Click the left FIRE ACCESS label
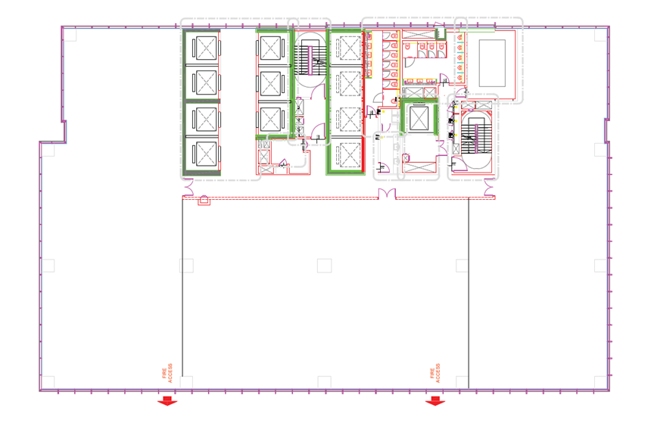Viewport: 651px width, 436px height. pos(167,373)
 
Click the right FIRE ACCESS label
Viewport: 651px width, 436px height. pos(435,373)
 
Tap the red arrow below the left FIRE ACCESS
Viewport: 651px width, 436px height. pos(167,400)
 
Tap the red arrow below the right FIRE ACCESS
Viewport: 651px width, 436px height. pos(435,400)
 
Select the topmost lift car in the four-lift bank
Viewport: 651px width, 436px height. pos(206,48)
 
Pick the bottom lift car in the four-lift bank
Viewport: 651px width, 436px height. pos(206,153)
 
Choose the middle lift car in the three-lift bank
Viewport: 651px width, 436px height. pos(271,83)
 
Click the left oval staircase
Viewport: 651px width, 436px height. pos(310,61)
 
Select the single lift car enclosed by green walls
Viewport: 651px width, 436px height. pos(419,118)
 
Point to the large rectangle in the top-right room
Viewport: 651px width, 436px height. pos(492,63)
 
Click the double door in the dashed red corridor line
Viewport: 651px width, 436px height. pos(387,194)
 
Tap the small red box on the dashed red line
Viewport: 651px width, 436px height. pos(204,201)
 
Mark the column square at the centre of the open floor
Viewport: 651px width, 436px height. pos(324,266)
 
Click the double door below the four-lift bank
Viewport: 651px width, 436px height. pos(188,187)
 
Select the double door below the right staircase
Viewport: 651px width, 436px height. pos(490,187)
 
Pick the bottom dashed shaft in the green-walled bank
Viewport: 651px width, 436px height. pos(349,154)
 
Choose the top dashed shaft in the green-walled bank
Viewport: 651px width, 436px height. pos(349,48)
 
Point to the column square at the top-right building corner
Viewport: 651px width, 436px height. pos(601,35)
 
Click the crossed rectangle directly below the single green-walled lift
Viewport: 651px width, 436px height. pos(419,168)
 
